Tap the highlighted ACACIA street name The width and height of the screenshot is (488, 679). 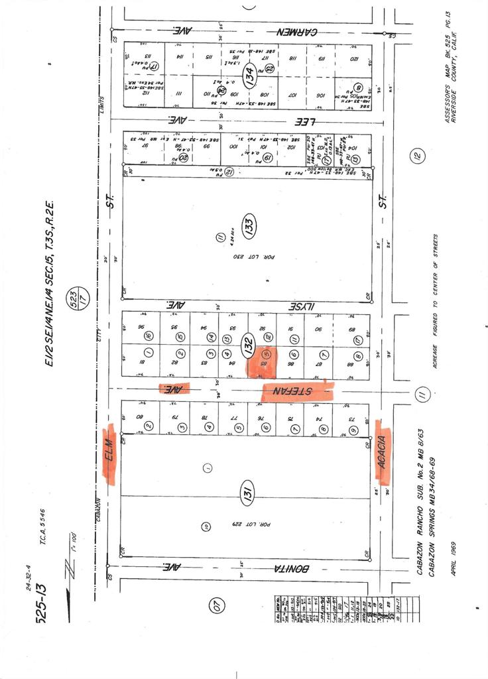[383, 450]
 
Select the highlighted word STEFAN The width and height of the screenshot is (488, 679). [297, 391]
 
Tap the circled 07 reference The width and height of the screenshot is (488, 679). [217, 603]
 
